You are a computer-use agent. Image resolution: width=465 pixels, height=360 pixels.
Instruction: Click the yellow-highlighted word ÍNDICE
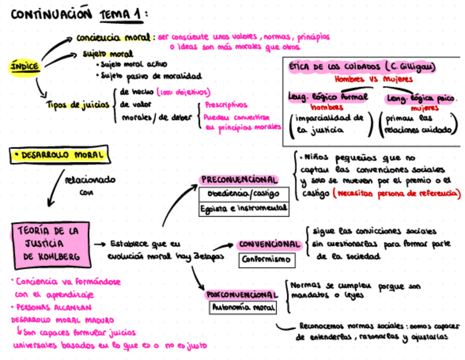(25, 67)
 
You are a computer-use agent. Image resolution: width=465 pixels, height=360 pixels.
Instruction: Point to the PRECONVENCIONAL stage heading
(239, 179)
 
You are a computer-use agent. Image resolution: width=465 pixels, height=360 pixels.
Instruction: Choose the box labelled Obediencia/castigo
(243, 194)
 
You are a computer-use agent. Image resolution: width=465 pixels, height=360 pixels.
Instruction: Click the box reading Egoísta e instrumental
(243, 208)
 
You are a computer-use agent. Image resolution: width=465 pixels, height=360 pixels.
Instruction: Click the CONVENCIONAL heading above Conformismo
(270, 244)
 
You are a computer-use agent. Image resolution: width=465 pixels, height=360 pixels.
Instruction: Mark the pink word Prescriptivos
(226, 104)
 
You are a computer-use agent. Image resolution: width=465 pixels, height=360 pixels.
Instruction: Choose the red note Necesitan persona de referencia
(399, 194)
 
